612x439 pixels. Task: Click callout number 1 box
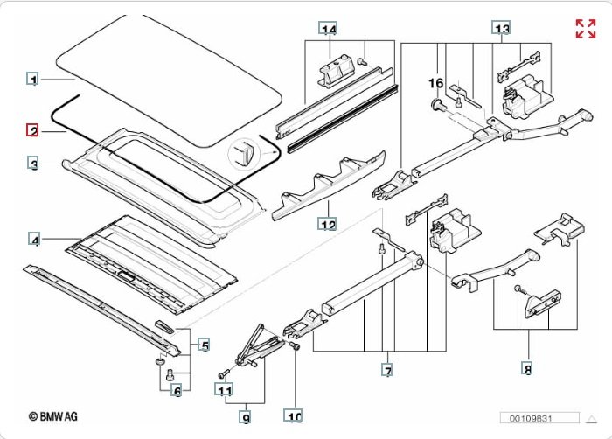click(32, 80)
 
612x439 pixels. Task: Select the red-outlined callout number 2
click(32, 131)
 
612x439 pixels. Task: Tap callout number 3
click(32, 164)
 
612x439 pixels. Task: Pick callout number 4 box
click(34, 240)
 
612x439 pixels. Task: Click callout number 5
click(204, 345)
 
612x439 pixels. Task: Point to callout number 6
click(176, 391)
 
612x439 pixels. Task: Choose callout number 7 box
click(386, 371)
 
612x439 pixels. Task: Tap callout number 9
click(246, 418)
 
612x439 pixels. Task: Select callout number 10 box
click(295, 417)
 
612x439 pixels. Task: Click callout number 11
click(225, 390)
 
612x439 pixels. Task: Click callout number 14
click(328, 30)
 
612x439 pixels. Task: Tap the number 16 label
click(435, 82)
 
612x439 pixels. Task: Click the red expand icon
click(585, 28)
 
